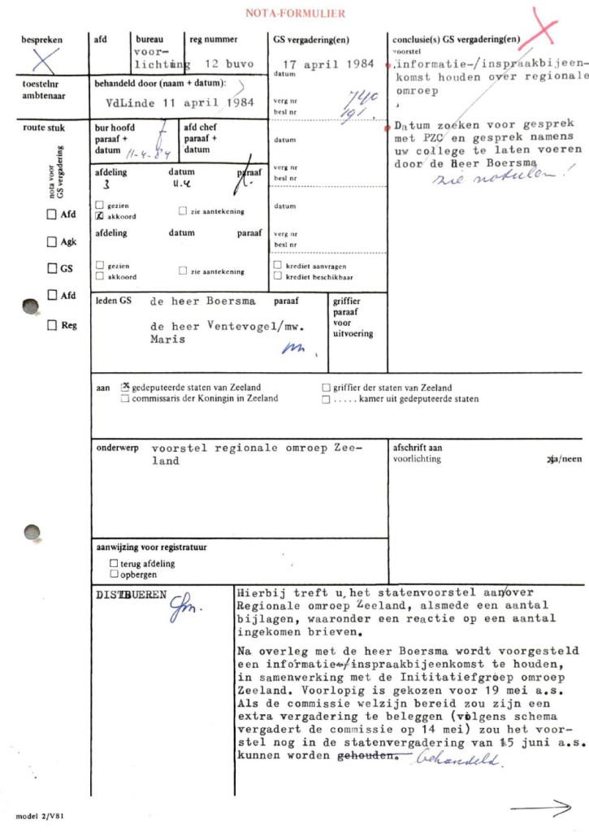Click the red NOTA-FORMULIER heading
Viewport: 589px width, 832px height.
coord(295,13)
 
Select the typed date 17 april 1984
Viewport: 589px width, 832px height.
coord(328,63)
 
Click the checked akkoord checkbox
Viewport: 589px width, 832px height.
coord(99,217)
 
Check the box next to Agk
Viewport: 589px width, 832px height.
coord(51,242)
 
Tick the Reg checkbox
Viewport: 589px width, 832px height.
coord(51,325)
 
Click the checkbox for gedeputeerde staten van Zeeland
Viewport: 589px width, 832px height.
coord(125,388)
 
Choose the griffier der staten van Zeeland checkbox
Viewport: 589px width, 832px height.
coord(326,388)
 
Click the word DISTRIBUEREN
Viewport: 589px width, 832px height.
coord(130,594)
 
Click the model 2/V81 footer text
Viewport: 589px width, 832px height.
coord(41,814)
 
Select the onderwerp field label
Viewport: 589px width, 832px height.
coord(116,448)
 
